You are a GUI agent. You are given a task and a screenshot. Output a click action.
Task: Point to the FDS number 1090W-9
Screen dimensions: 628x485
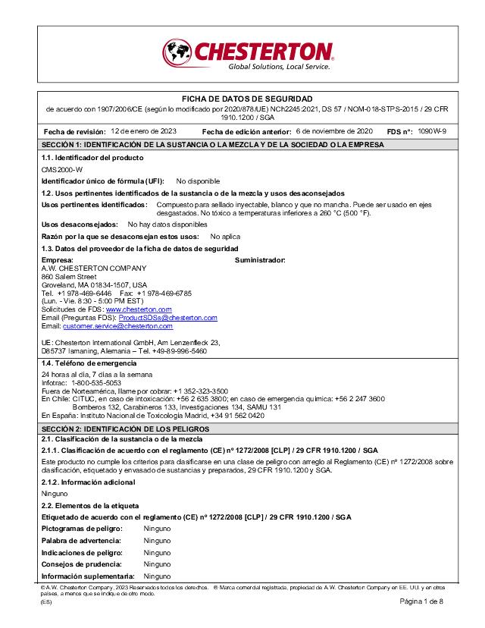click(432, 131)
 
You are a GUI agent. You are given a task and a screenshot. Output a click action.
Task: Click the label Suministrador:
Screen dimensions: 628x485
click(260, 260)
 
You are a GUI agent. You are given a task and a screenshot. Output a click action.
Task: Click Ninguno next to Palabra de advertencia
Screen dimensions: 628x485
click(157, 540)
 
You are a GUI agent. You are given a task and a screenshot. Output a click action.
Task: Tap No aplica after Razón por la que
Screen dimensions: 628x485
click(225, 237)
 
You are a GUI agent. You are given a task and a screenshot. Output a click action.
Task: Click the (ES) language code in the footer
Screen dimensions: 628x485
click(47, 601)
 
